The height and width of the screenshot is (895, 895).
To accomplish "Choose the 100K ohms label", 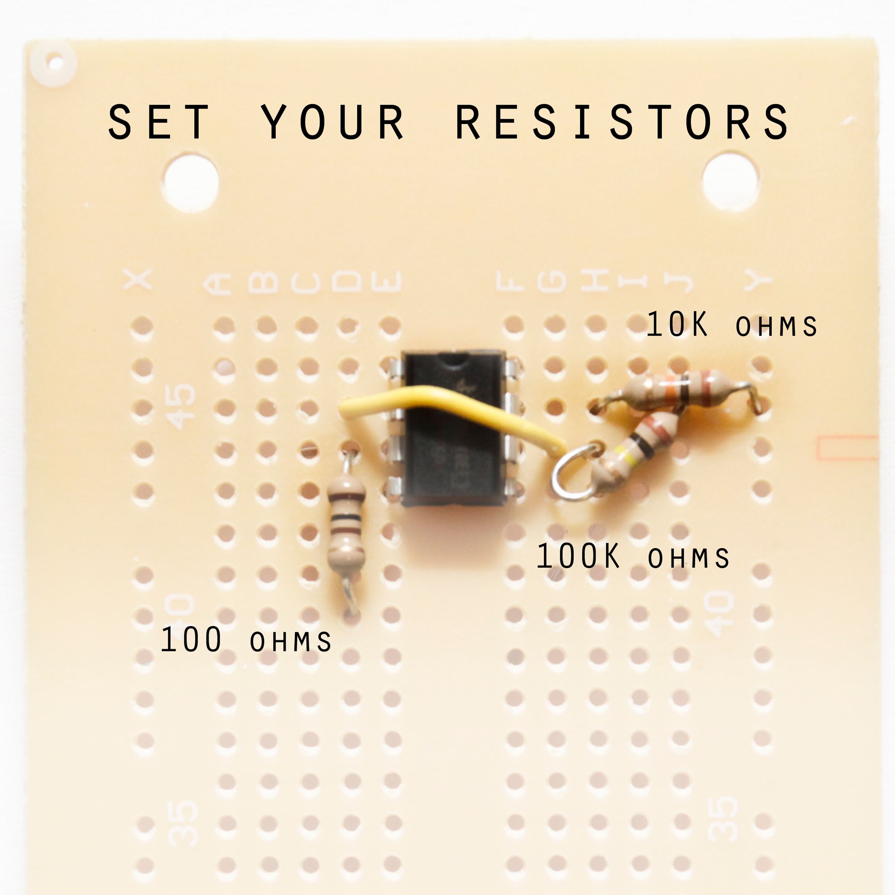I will (632, 557).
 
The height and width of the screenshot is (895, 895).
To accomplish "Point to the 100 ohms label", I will (246, 641).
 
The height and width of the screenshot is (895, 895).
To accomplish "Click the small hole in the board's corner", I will (55, 62).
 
